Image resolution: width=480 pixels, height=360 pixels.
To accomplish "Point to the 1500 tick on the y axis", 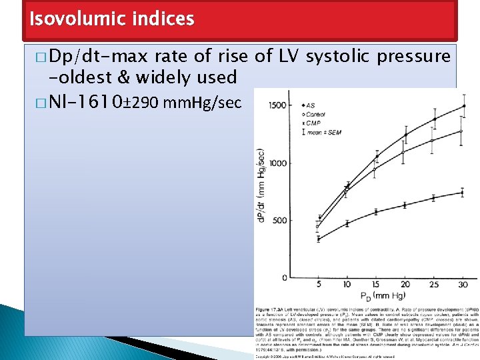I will click(x=277, y=106).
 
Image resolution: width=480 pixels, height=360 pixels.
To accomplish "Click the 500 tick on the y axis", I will click(x=279, y=221).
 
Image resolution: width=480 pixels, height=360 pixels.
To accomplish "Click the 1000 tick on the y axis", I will click(x=277, y=163).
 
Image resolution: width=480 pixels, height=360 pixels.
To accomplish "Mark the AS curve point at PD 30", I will click(x=463, y=105).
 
